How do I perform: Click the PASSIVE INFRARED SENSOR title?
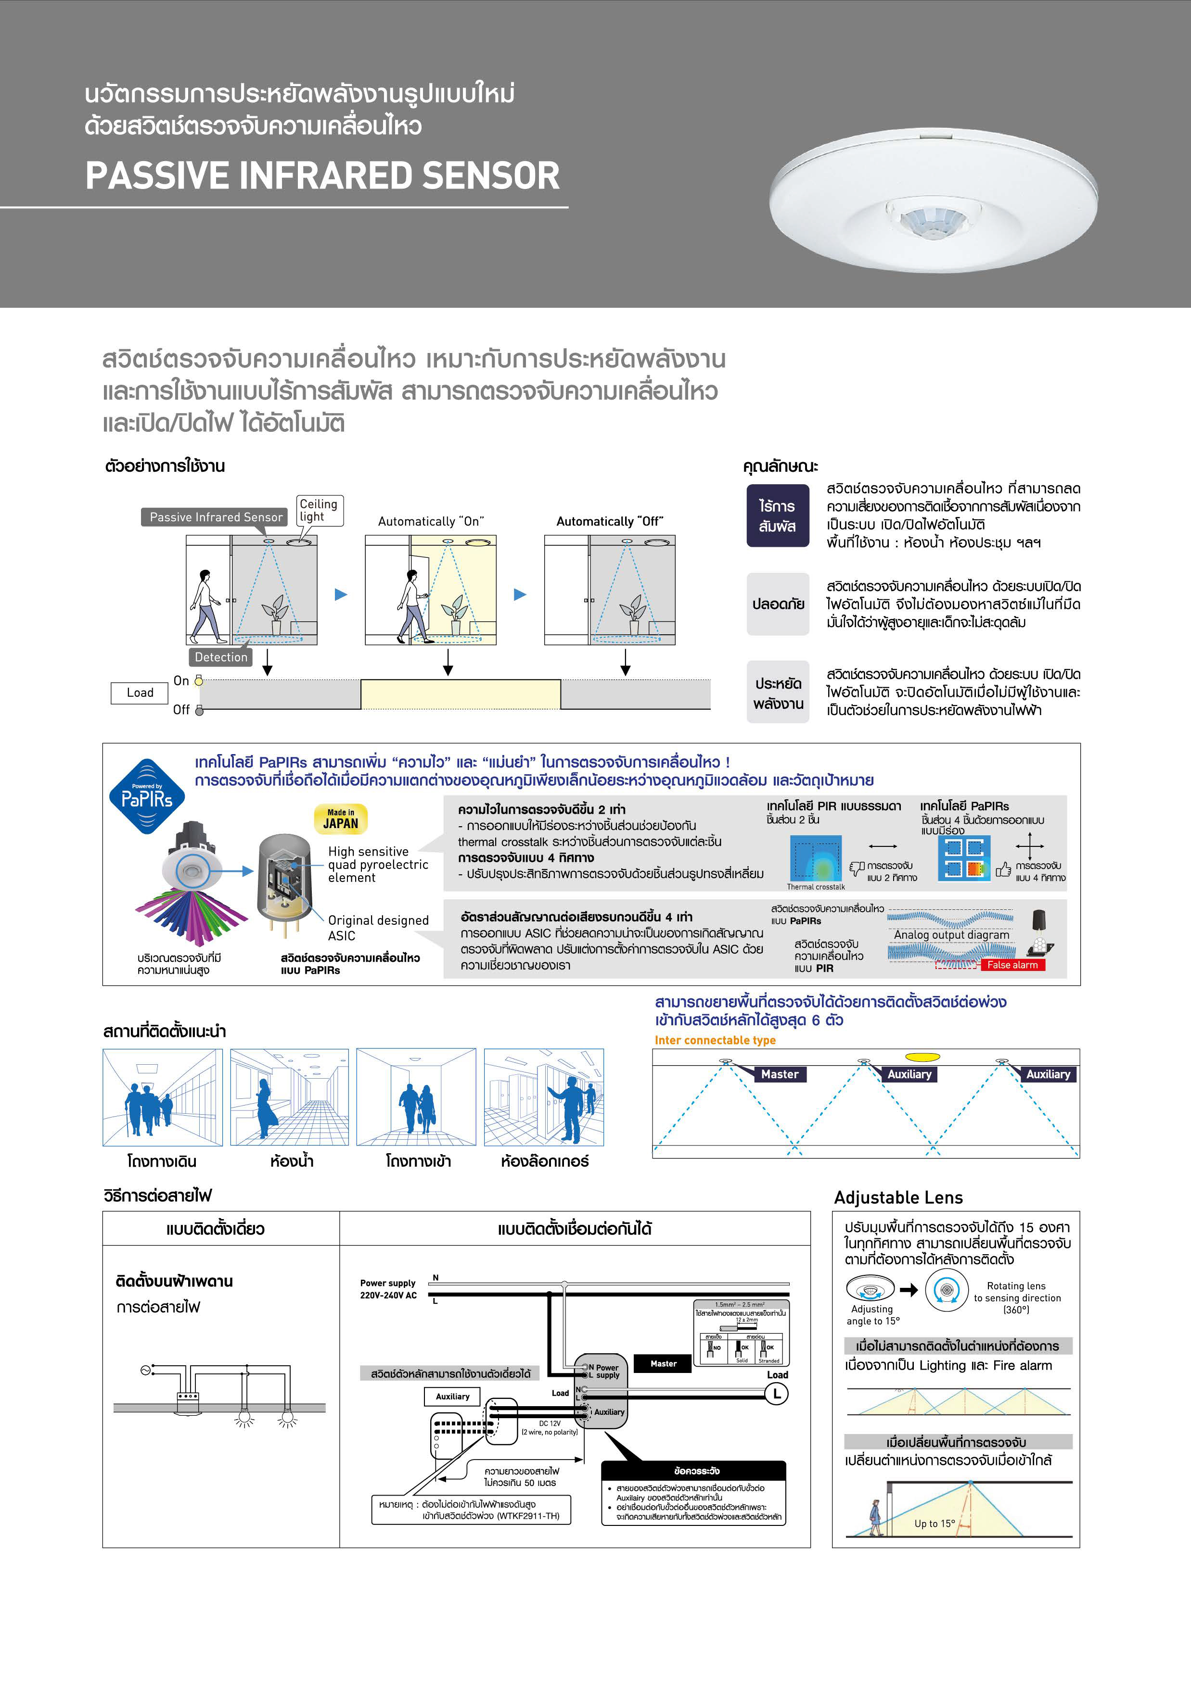(x=322, y=176)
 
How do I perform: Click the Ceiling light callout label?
(x=319, y=510)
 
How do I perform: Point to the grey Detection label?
(x=220, y=657)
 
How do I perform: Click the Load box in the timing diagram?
(x=140, y=693)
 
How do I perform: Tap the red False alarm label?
(x=1012, y=965)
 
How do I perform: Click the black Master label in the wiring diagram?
(x=663, y=1364)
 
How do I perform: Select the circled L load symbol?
(x=776, y=1393)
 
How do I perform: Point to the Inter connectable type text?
(x=715, y=1040)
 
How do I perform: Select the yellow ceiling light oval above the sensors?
(x=922, y=1058)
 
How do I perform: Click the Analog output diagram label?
(x=951, y=934)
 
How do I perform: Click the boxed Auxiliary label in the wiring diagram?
(x=452, y=1396)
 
